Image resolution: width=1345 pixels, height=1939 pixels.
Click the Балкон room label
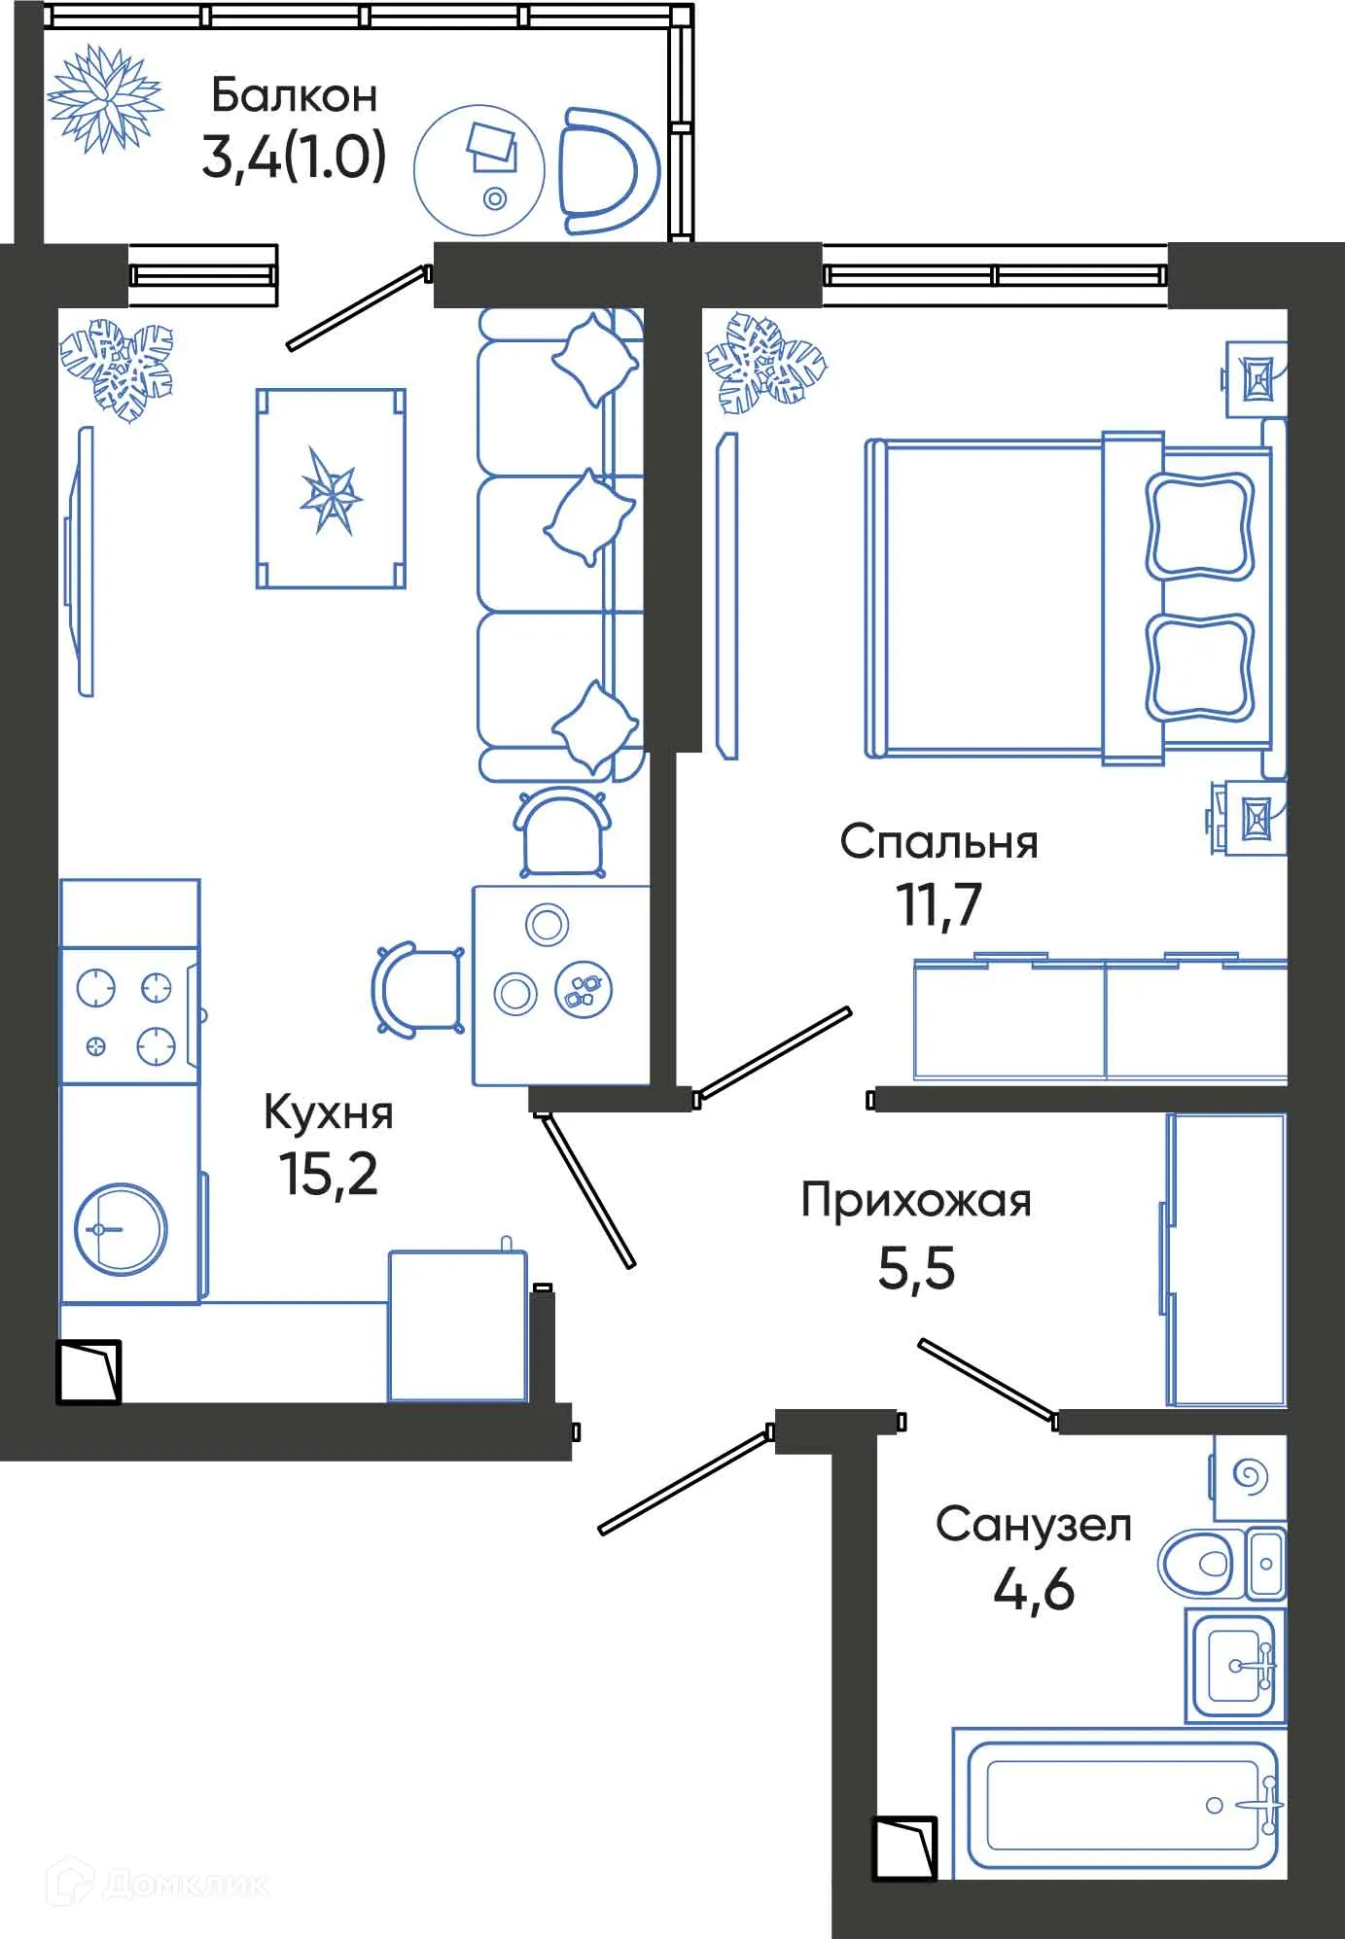point(294,95)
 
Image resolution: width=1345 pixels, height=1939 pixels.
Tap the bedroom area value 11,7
point(938,905)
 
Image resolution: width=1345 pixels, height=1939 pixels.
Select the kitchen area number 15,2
point(328,1174)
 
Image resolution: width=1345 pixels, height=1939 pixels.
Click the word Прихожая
point(915,1201)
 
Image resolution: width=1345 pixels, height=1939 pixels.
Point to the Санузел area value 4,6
point(1033,1590)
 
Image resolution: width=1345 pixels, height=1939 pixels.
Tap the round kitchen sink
point(121,1229)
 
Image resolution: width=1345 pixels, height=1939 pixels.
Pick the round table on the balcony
point(478,170)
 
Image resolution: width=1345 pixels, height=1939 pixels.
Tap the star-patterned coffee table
point(331,489)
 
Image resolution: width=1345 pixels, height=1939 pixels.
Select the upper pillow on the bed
point(1199,525)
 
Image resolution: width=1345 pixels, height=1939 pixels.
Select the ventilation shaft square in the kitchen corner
point(88,1372)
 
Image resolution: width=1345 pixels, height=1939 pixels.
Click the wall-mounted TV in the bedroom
point(726,595)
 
